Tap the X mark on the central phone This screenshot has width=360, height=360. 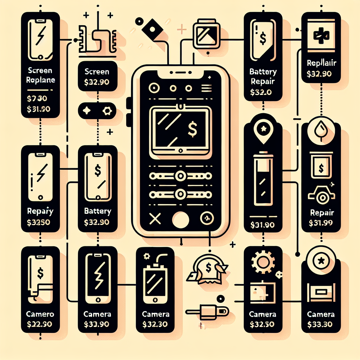(x=154, y=219)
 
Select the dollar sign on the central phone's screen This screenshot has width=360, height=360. (x=192, y=128)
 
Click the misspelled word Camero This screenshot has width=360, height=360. (x=39, y=314)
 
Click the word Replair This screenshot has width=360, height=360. (x=321, y=63)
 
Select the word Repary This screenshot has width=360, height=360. (x=40, y=211)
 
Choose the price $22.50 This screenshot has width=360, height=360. (x=40, y=323)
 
